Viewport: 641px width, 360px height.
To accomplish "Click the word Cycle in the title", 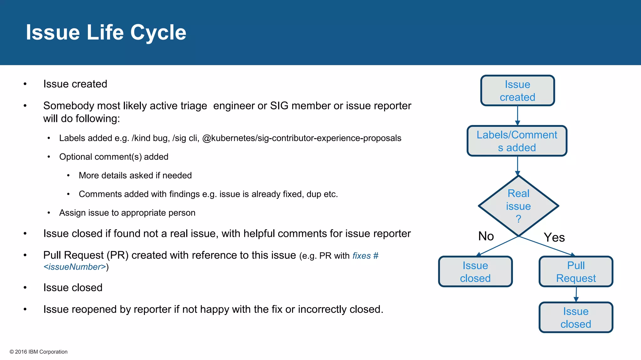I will pyautogui.click(x=158, y=32).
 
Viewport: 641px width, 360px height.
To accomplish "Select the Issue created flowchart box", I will pyautogui.click(x=517, y=91).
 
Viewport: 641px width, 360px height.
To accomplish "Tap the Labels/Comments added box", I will pyautogui.click(x=517, y=141).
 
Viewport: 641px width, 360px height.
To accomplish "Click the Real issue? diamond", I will pyautogui.click(x=518, y=206).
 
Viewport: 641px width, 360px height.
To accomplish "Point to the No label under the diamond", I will pyautogui.click(x=486, y=236).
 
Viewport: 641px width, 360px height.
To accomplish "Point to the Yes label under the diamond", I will pyautogui.click(x=554, y=237).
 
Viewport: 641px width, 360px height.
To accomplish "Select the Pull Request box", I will pyautogui.click(x=576, y=272).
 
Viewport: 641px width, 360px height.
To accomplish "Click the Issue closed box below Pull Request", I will pyautogui.click(x=576, y=317).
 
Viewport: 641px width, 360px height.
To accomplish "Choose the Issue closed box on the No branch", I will pyautogui.click(x=475, y=272).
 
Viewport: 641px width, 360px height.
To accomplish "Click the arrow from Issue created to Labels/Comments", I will pyautogui.click(x=517, y=116).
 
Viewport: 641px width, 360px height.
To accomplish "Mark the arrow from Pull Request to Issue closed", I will pyautogui.click(x=576, y=294).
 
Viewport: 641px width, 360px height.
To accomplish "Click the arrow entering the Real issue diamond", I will pyautogui.click(x=517, y=166).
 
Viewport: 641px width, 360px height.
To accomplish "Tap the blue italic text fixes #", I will pyautogui.click(x=365, y=256).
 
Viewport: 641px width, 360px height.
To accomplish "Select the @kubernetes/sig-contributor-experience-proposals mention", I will pyautogui.click(x=301, y=138).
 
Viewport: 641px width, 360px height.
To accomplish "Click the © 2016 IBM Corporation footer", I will pyautogui.click(x=38, y=352).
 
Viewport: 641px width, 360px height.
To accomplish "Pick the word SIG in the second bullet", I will pyautogui.click(x=279, y=106).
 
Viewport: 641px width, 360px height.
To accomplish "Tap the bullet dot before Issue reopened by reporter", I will pyautogui.click(x=25, y=309).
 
